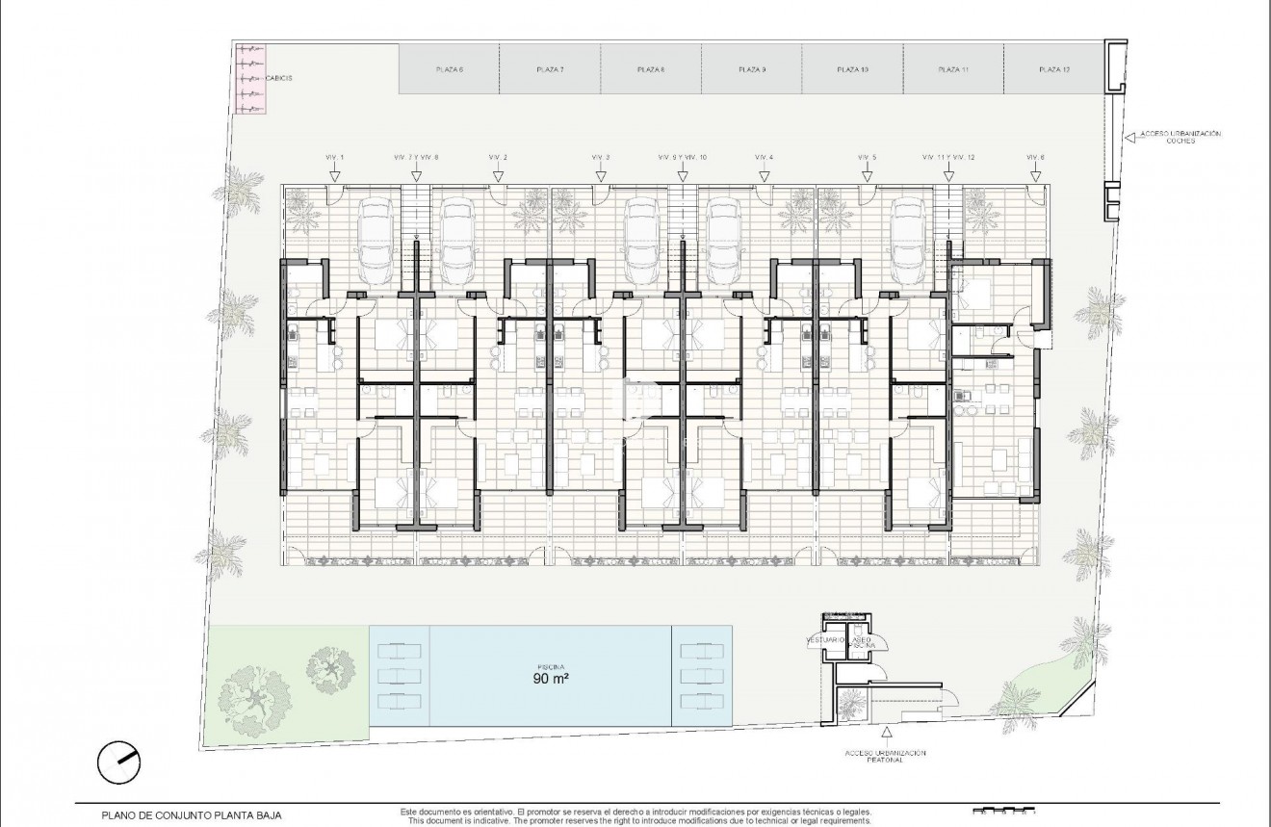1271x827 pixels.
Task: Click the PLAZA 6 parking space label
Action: (x=450, y=69)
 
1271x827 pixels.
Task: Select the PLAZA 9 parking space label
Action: (x=752, y=69)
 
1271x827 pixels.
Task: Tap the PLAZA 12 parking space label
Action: (x=1054, y=69)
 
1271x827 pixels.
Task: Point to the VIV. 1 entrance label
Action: (x=334, y=157)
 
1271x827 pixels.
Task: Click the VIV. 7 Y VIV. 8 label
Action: (x=416, y=157)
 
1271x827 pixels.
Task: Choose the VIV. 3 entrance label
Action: (x=601, y=157)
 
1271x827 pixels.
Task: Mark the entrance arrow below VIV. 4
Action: (x=765, y=175)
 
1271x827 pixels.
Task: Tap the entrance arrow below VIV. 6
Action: (x=1035, y=175)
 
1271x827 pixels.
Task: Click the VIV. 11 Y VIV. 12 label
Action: (x=948, y=157)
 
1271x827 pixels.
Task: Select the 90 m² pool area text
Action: (x=550, y=679)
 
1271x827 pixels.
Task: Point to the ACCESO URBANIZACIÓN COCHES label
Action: (x=1180, y=137)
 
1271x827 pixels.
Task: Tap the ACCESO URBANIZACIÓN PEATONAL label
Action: (x=884, y=757)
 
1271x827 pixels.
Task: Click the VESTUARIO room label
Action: (x=825, y=639)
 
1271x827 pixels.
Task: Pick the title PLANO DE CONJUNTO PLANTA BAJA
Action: (x=192, y=814)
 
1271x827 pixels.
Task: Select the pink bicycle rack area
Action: (x=249, y=78)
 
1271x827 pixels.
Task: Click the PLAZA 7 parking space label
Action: (x=550, y=69)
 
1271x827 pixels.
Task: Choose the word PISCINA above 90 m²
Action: (x=550, y=665)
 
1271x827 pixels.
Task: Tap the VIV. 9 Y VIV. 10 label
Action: (x=683, y=157)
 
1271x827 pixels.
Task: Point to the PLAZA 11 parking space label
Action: (x=952, y=69)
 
